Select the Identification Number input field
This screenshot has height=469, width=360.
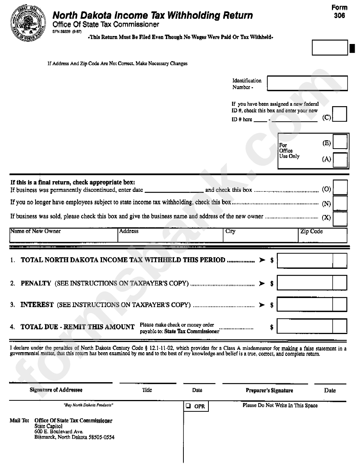click(307, 83)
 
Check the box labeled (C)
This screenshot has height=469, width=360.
click(340, 114)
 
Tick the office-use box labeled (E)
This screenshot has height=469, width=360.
click(340, 141)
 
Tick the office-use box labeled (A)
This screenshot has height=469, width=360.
click(340, 160)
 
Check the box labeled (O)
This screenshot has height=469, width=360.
click(340, 188)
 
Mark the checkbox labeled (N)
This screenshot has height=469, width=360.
click(340, 203)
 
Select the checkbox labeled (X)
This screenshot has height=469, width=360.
click(340, 218)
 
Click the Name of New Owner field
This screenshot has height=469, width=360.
click(63, 238)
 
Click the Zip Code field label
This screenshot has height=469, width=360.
click(311, 231)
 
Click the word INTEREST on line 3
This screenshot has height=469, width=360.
click(37, 305)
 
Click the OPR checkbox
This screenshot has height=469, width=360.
click(188, 406)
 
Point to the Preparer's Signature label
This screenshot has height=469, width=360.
click(269, 391)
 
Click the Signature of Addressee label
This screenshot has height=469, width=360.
click(56, 390)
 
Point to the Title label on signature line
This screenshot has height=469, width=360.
click(147, 390)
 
